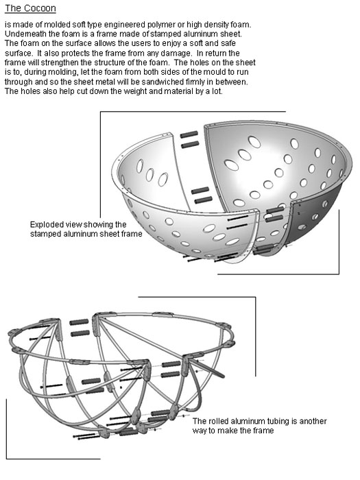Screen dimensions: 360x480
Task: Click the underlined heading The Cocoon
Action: click(30, 8)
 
